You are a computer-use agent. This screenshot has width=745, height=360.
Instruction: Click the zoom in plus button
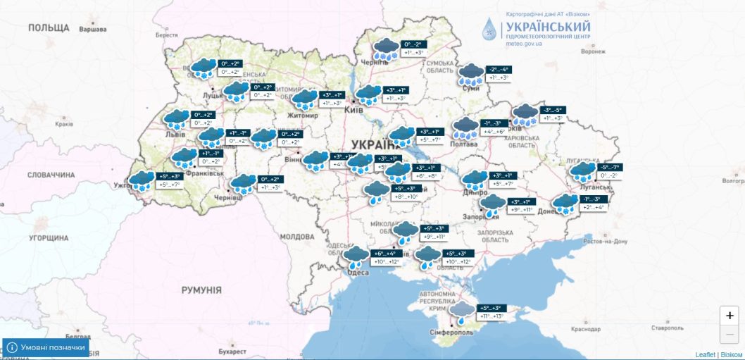pos(730,315)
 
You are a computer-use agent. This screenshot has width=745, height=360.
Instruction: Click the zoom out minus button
pos(730,334)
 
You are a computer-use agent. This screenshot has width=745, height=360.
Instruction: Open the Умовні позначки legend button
pos(46,347)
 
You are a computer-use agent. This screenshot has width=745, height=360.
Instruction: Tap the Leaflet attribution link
pos(704,354)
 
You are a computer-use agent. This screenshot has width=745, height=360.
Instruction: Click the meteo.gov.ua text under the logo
pos(524,44)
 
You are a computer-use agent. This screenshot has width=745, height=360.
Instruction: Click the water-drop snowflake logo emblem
pos(489,29)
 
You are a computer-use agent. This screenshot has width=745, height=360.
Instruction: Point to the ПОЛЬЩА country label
pos(49,27)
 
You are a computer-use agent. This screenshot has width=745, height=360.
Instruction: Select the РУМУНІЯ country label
pos(201,290)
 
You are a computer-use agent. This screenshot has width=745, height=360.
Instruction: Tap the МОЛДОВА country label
pos(296,237)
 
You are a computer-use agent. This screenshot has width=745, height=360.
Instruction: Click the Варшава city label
pos(92,30)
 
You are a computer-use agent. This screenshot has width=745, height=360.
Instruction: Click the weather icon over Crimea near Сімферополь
pos(462,311)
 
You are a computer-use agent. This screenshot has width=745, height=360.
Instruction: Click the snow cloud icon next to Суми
pos(470,73)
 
